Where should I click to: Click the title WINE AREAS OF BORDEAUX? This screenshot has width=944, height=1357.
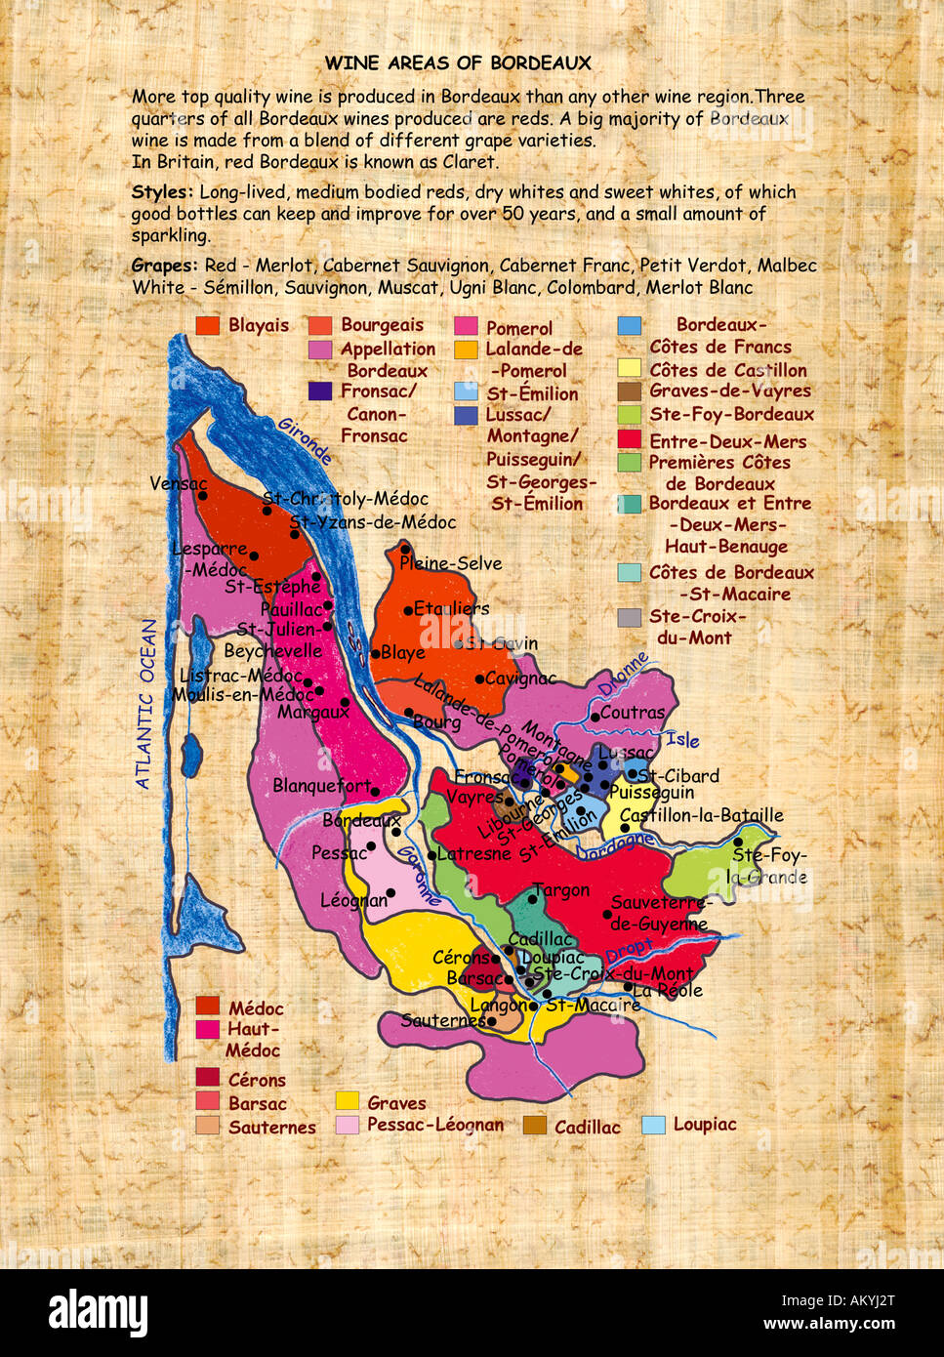click(458, 63)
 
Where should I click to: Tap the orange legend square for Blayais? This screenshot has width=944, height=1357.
click(207, 326)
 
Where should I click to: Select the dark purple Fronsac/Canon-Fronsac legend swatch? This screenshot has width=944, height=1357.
click(320, 391)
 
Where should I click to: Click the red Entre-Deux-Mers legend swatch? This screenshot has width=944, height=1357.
click(630, 441)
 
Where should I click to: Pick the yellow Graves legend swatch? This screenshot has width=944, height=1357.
click(348, 1101)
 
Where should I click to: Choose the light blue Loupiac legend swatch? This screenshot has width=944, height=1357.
click(653, 1125)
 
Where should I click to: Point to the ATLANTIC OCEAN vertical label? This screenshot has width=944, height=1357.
click(145, 703)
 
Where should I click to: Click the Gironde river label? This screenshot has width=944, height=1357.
click(305, 440)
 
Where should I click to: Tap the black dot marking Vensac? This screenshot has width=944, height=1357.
click(203, 495)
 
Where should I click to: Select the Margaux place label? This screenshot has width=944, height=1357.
click(312, 713)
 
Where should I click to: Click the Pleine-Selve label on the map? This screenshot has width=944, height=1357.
click(451, 563)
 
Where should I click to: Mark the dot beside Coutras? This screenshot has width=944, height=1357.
click(595, 717)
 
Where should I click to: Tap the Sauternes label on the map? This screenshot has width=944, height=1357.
click(444, 1020)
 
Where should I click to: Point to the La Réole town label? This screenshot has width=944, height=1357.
click(668, 990)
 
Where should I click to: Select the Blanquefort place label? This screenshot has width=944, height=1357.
click(321, 786)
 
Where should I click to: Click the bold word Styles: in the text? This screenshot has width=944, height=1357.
click(162, 192)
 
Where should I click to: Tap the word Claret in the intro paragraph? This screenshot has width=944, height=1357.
click(470, 162)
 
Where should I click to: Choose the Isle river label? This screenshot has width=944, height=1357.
click(682, 740)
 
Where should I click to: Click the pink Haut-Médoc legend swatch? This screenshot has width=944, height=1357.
click(207, 1029)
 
